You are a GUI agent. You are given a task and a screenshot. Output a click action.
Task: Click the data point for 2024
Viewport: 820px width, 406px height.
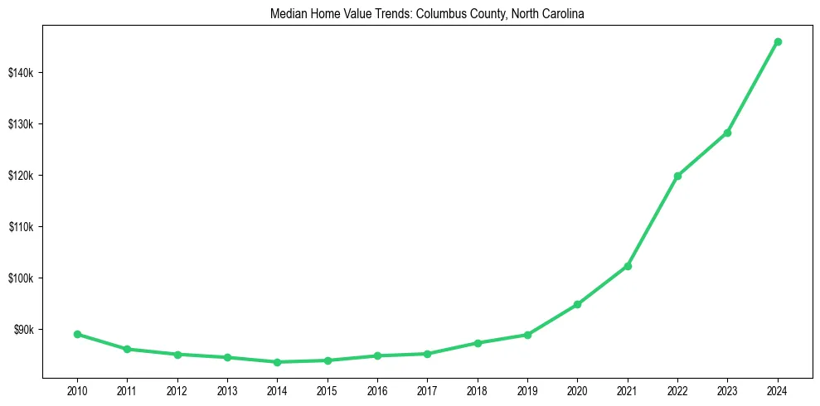(778, 41)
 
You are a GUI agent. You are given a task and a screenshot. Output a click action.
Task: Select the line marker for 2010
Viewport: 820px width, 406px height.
(77, 334)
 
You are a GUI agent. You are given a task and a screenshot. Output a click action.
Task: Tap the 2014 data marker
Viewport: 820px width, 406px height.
(277, 362)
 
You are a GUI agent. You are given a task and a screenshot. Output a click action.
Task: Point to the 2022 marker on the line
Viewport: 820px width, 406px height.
(677, 176)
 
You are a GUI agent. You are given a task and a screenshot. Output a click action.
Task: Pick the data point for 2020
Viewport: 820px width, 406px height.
(577, 304)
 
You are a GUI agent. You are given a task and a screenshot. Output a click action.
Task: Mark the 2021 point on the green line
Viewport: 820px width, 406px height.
(628, 266)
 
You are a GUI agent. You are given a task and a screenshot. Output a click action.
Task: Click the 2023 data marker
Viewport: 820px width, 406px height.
(727, 133)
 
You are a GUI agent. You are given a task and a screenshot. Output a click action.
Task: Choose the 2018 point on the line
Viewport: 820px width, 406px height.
(478, 342)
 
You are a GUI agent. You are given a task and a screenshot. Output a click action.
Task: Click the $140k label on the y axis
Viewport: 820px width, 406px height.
(21, 73)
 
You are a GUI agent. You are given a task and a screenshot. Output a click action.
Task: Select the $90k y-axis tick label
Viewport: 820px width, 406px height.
(22, 330)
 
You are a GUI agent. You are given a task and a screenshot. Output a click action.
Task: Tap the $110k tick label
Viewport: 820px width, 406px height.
(21, 227)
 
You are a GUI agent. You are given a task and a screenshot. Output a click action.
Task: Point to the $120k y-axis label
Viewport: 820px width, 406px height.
(21, 176)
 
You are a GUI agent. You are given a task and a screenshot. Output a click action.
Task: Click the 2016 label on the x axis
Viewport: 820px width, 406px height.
(377, 389)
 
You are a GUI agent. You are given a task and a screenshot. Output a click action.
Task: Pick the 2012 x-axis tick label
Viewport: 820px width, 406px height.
(177, 389)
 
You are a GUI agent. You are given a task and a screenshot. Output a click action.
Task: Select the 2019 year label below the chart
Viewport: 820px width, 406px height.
(527, 389)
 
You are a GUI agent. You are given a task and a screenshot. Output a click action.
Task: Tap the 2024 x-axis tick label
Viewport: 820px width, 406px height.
(778, 389)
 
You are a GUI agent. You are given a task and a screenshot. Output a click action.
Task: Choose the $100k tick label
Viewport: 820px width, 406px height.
(21, 278)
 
